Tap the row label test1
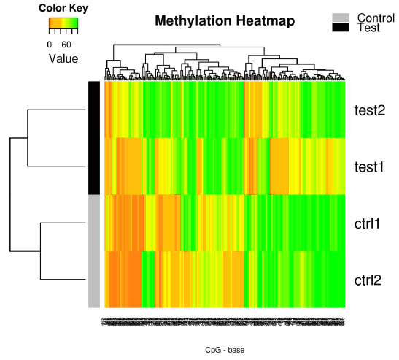[x=370, y=166]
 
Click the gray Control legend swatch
[x=341, y=18]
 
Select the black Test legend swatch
[x=341, y=28]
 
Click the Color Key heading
[x=63, y=9]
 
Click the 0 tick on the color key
[x=50, y=43]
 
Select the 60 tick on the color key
[x=66, y=43]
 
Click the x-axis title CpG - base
[x=225, y=350]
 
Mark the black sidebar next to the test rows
[x=94, y=137]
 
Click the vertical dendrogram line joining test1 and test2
[x=28, y=138]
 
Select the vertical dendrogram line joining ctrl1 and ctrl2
[x=40, y=252]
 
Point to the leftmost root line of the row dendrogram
[x=11, y=195]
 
